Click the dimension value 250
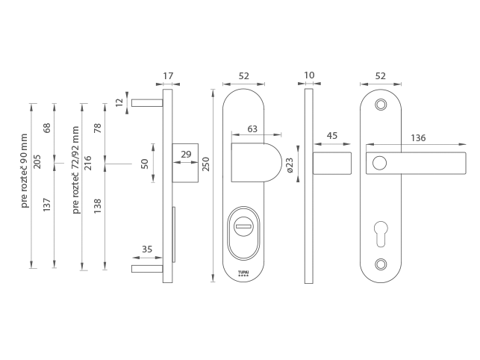(206, 164)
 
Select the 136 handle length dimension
(418, 138)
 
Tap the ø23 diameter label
(290, 165)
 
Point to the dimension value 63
(252, 129)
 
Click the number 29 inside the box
(186, 154)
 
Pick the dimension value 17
(168, 75)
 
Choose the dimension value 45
(332, 135)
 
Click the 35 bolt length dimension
(147, 249)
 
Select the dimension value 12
(119, 102)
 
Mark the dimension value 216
(87, 164)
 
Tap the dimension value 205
(37, 162)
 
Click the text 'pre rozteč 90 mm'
(24, 170)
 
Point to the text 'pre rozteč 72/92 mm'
(75, 170)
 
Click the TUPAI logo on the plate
(243, 273)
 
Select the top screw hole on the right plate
(381, 105)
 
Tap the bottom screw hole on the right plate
(381, 264)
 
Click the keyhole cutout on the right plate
(381, 234)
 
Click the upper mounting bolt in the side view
(147, 102)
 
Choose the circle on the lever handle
(379, 163)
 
